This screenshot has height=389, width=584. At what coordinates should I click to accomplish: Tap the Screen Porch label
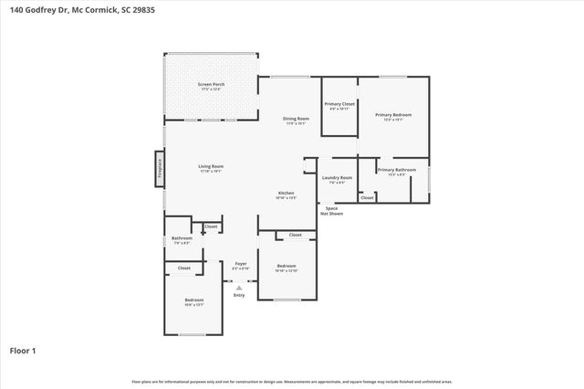tap(212, 85)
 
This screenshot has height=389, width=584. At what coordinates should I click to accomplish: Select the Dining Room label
tap(296, 119)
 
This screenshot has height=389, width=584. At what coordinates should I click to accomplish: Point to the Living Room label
tap(212, 166)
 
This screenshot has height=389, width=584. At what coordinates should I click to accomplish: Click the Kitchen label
tap(287, 193)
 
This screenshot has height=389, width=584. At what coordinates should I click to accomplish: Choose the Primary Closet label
tap(339, 104)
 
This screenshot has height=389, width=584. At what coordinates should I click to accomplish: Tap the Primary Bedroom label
tap(393, 114)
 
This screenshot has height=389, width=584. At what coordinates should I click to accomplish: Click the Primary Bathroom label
tap(397, 170)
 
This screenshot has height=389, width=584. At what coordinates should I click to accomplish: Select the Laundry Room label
tap(337, 177)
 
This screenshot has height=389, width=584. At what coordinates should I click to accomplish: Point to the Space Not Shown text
tap(331, 210)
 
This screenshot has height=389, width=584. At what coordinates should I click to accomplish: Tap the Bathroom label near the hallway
tap(182, 238)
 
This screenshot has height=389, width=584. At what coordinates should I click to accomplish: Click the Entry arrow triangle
tap(239, 287)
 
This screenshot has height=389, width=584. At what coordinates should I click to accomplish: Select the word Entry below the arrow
tap(239, 295)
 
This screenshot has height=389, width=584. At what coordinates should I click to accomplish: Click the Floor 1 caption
tap(24, 350)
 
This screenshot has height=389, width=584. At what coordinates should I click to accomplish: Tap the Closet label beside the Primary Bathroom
tap(367, 197)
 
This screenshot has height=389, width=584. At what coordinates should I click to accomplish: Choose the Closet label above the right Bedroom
tap(296, 236)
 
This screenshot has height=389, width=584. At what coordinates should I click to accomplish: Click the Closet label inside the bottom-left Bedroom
tap(184, 268)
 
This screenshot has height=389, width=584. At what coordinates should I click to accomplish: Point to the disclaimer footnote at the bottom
tap(292, 381)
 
